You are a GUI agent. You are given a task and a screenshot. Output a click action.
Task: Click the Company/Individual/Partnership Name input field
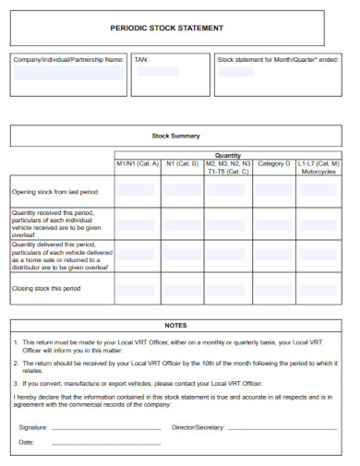click(68, 73)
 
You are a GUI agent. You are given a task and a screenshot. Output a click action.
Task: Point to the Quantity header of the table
click(228, 156)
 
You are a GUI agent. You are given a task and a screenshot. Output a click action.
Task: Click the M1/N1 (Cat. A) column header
click(137, 164)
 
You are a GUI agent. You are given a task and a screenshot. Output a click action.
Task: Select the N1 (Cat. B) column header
click(182, 164)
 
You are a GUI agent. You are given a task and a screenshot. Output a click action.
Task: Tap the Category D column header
click(274, 164)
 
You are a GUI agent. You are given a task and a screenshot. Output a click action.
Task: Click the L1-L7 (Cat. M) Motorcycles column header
click(319, 167)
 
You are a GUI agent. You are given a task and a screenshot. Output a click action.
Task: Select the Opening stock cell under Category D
click(274, 192)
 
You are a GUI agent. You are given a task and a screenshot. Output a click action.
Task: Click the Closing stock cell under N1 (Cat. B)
click(182, 289)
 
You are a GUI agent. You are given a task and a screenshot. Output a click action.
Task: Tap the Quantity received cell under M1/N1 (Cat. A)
click(137, 222)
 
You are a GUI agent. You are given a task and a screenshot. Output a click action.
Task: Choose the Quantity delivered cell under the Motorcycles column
click(319, 255)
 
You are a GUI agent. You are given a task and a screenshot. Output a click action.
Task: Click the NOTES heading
click(175, 326)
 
